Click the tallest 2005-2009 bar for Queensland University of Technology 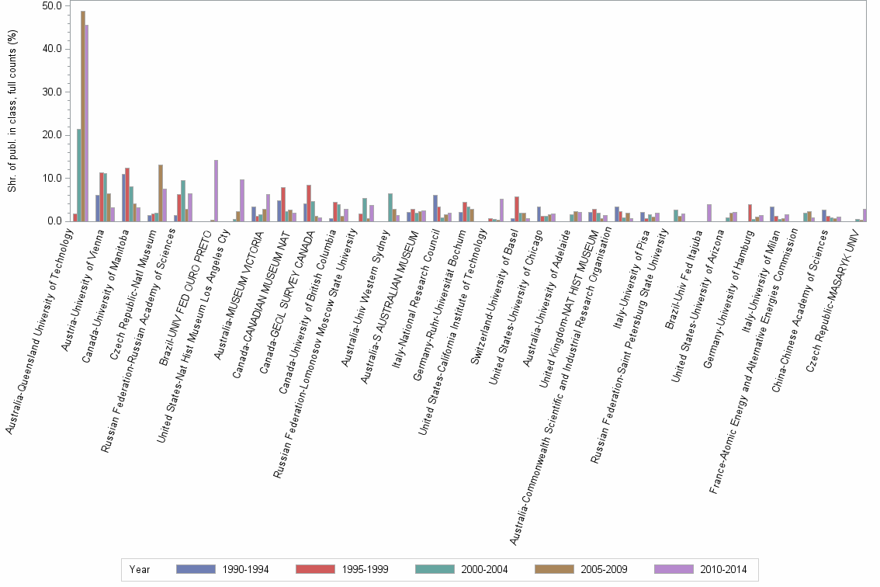coord(83,116)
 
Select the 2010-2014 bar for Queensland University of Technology coord(87,123)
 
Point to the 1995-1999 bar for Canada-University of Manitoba coord(127,195)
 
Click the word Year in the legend coord(140,570)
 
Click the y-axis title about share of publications coord(12,113)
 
